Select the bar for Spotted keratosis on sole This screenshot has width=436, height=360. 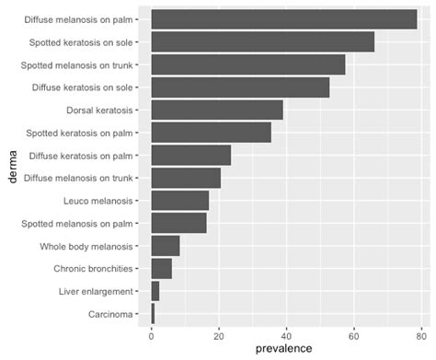point(262,42)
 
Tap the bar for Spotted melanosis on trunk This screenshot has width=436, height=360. point(247,64)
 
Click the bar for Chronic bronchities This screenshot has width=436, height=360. point(161,269)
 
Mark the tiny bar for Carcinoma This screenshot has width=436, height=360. point(153,315)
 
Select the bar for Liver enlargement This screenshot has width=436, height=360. point(155,292)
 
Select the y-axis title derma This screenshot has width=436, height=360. point(12,168)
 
